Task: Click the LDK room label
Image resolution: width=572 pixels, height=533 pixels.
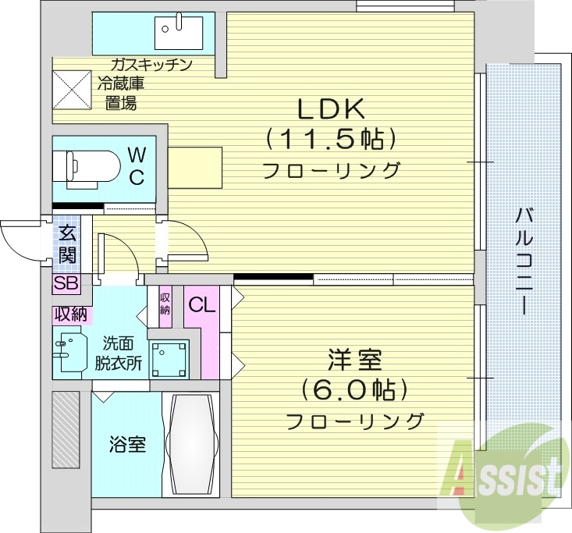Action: coord(331,107)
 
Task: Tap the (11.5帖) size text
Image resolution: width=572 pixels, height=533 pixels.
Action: coord(331,139)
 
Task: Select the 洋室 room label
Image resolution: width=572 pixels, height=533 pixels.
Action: coord(354,361)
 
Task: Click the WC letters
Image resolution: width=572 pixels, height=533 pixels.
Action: coord(136,165)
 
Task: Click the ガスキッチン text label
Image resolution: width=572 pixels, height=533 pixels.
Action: coord(151,64)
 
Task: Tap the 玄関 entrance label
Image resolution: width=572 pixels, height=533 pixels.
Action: coord(67,243)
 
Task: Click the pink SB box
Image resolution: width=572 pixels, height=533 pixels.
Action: coord(66,283)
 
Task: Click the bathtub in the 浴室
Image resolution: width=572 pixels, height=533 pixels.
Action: coord(192,443)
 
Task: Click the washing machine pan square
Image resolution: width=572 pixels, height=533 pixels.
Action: coord(169,360)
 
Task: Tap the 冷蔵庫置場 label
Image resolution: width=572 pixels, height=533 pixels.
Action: coord(121,93)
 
